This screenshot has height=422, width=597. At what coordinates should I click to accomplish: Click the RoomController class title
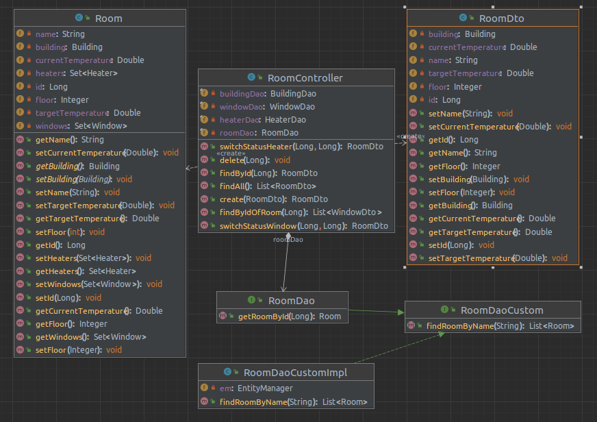305,78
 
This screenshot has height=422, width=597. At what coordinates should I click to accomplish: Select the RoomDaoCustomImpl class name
295,373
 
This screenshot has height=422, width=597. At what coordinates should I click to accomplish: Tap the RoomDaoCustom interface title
501,310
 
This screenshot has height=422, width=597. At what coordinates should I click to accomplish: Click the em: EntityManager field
257,388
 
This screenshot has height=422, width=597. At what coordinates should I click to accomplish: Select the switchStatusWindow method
303,226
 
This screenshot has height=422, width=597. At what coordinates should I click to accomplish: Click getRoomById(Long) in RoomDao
290,316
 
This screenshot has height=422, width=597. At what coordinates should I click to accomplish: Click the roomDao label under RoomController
288,240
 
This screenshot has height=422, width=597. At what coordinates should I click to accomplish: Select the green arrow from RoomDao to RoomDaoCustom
377,312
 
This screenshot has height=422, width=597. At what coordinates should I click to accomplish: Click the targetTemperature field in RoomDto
481,73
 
